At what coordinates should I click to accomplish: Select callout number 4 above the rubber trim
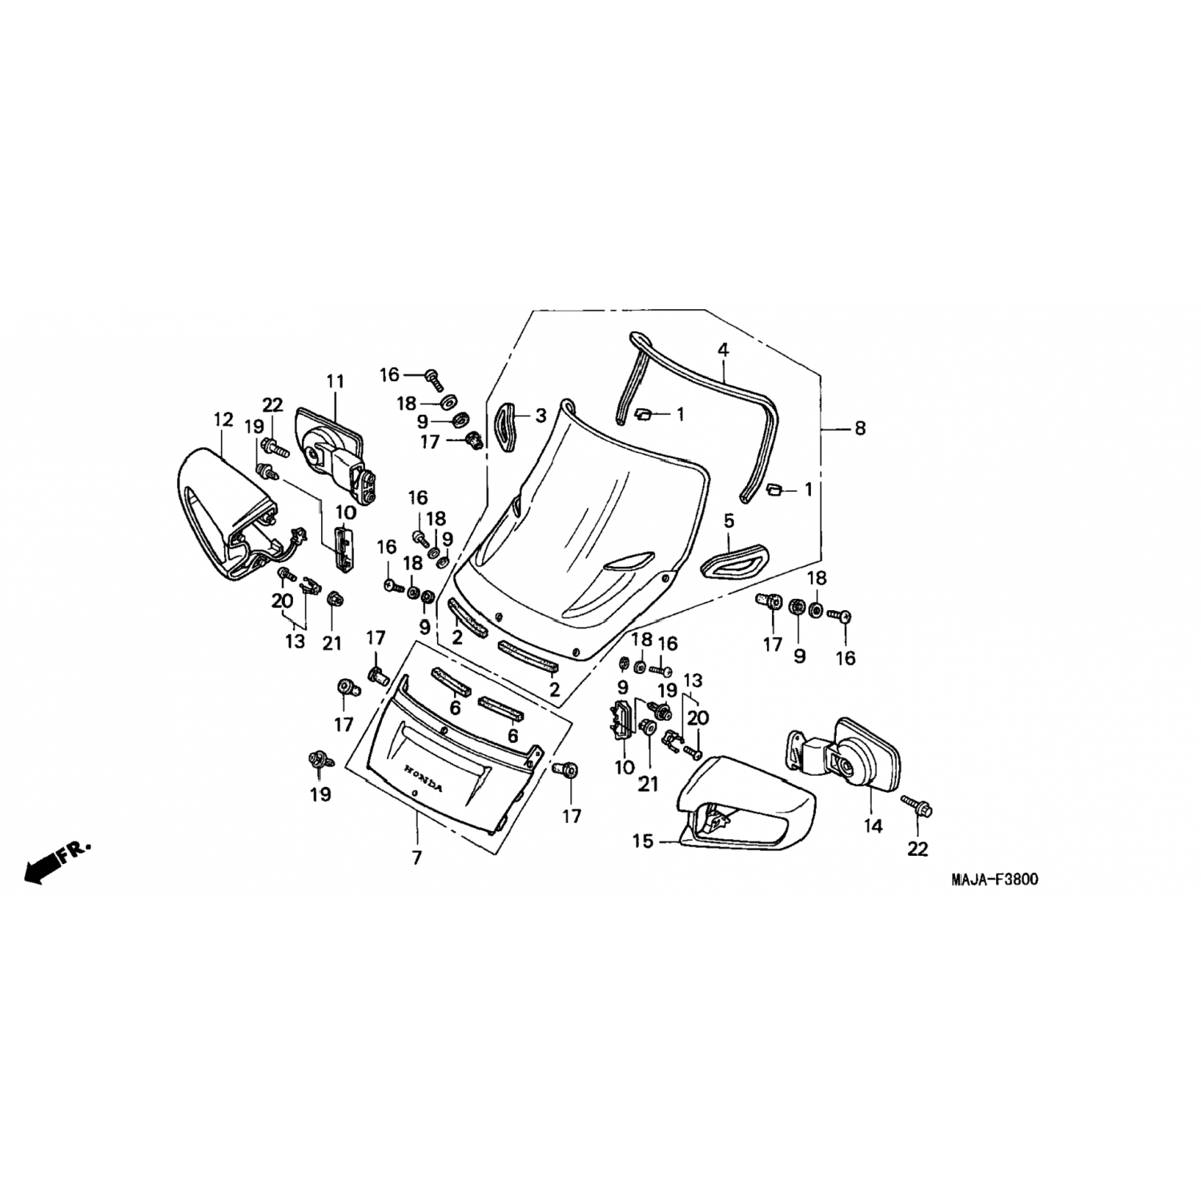click(x=723, y=350)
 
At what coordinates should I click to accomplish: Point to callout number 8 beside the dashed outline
click(x=860, y=428)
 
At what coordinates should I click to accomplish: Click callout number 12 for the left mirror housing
click(x=223, y=420)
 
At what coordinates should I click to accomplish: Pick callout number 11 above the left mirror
click(x=335, y=381)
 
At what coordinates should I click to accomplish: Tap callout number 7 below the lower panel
click(x=416, y=858)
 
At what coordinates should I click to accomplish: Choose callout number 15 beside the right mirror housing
click(x=642, y=842)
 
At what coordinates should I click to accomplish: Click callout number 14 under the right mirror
click(x=873, y=825)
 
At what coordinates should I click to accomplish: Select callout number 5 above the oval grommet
click(x=729, y=521)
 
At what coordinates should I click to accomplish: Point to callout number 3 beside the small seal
click(x=540, y=416)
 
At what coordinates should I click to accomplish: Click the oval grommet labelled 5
click(x=734, y=559)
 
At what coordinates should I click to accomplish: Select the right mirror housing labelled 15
click(x=745, y=801)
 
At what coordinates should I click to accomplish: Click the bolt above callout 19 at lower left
click(x=319, y=760)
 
